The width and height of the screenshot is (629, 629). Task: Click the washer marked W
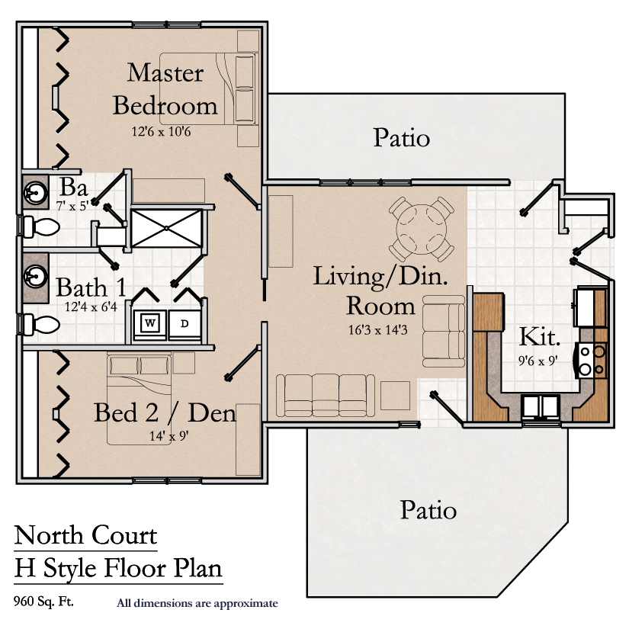(x=149, y=324)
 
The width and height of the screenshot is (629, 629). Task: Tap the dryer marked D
(x=185, y=324)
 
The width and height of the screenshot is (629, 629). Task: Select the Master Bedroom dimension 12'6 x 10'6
(x=162, y=131)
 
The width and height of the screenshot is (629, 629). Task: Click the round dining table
(x=421, y=229)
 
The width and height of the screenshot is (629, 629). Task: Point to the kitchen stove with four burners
(x=591, y=360)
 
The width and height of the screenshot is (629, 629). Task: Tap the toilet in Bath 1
(x=40, y=325)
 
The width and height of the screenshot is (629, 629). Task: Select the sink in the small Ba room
(x=35, y=193)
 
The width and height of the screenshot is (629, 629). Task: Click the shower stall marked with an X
(x=166, y=228)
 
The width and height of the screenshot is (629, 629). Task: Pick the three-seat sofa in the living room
(x=326, y=396)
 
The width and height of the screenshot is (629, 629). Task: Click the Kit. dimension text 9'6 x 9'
(x=538, y=361)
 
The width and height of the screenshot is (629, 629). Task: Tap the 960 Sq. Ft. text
(x=43, y=602)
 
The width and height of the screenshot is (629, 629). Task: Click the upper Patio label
(x=402, y=137)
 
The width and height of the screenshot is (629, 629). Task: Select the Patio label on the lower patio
(x=428, y=510)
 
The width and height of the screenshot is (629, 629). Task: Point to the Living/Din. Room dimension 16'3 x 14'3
(x=378, y=329)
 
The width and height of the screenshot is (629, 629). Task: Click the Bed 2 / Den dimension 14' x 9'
(x=169, y=435)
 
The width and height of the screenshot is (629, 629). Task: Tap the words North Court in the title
(x=85, y=535)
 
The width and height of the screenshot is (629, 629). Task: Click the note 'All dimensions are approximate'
(x=197, y=603)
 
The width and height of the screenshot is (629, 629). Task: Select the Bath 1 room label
(x=91, y=287)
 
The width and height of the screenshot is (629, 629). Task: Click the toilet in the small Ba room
(x=40, y=227)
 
